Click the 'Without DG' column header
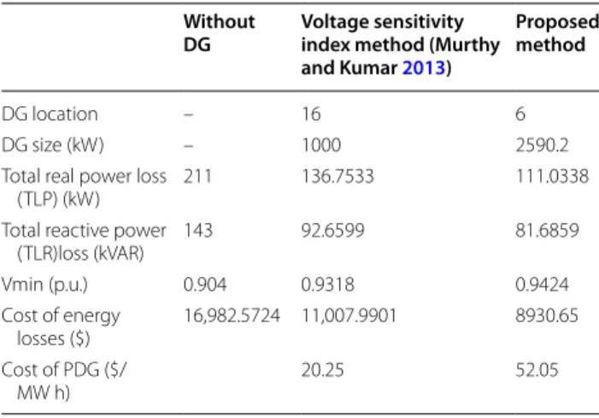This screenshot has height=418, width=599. tap(219, 32)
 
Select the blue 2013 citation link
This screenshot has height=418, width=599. tap(424, 68)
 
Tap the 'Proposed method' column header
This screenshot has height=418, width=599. tap(557, 32)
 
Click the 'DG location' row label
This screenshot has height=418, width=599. tap(50, 114)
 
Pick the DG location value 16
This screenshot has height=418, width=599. tap(311, 114)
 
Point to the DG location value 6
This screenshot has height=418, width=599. tap(520, 114)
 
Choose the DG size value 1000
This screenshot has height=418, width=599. tap(321, 145)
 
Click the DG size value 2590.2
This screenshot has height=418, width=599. tap(542, 145)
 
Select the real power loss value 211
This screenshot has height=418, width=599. tap(197, 177)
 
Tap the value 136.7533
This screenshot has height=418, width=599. tap(338, 177)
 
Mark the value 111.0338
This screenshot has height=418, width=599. tap(552, 177)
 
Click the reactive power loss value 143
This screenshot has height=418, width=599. tap(198, 231)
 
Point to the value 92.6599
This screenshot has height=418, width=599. tap(333, 231)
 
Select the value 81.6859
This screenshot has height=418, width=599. tap(547, 231)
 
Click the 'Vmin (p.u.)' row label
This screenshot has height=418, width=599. tap(44, 285)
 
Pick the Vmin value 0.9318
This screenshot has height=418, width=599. tap(328, 285)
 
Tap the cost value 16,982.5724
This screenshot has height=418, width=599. tap(232, 316)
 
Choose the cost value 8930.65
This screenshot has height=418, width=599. tap(547, 316)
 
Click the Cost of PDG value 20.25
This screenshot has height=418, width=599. tap(322, 370)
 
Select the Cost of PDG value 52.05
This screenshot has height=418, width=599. tap(537, 370)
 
